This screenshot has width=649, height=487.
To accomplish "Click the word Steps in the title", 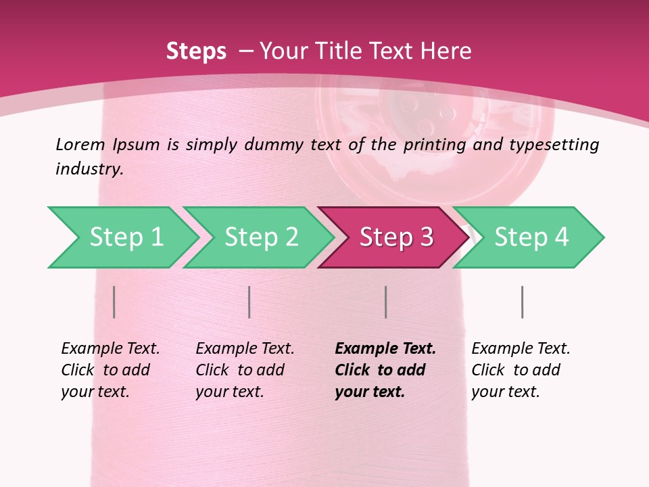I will (196, 51).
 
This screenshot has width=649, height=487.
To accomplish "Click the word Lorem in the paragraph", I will (80, 144).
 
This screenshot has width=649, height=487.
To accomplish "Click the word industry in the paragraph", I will (89, 169).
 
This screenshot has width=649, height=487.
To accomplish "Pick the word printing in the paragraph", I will (435, 144).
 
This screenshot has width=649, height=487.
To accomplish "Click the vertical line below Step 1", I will (114, 302).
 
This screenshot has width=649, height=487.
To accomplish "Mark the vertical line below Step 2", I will (249, 302).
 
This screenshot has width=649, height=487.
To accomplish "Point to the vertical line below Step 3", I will (385, 302).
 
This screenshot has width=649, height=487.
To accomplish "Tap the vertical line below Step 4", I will (522, 302).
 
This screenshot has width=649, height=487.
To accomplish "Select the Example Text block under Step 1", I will (110, 369).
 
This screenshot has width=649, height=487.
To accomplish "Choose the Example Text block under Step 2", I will (245, 369).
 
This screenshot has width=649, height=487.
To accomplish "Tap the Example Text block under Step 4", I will (521, 369).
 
